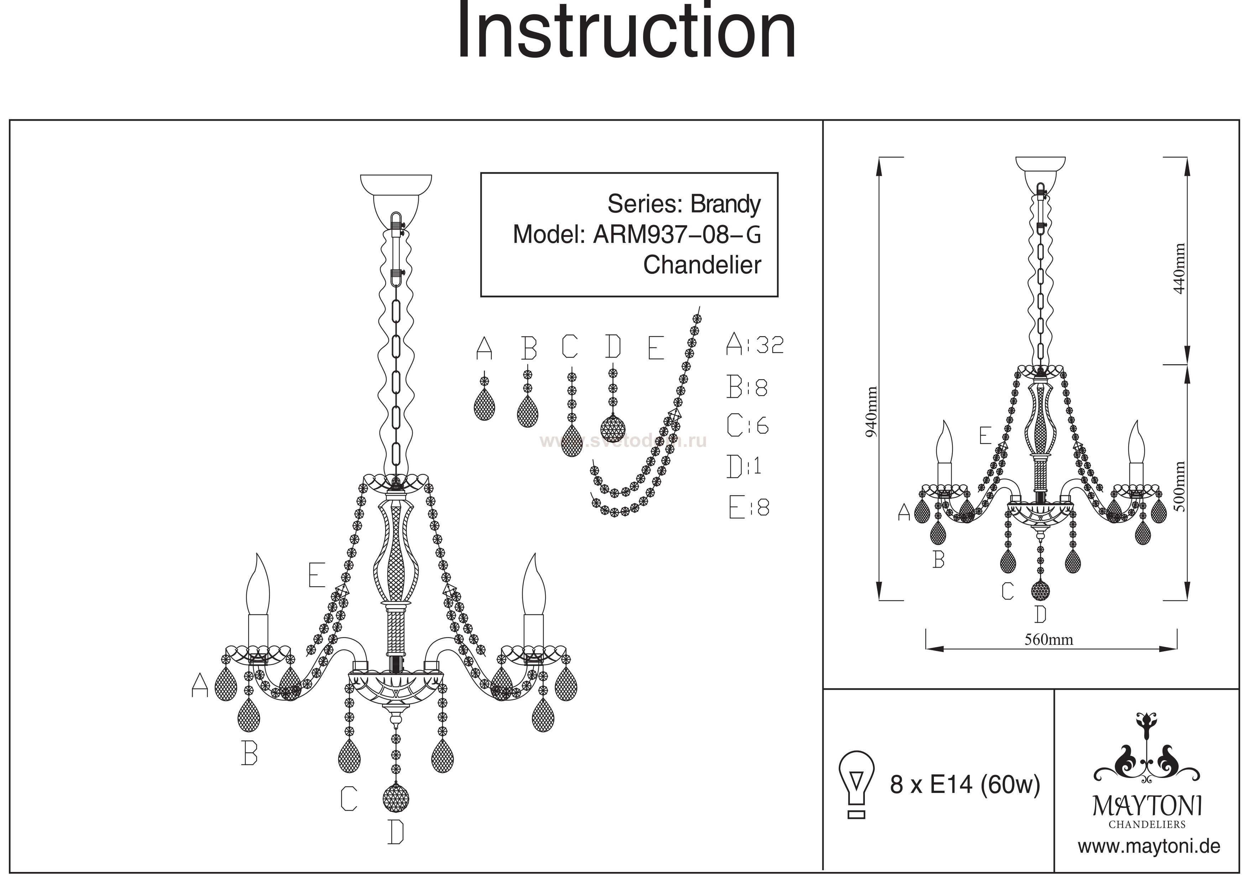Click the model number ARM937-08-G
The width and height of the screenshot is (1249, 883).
[677, 235]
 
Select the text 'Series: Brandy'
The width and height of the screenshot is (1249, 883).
[684, 205]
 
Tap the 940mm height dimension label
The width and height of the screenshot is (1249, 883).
[871, 412]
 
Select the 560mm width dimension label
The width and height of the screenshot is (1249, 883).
[1049, 640]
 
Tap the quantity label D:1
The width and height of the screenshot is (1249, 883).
[744, 467]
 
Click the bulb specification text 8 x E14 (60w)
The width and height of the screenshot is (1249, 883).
[965, 785]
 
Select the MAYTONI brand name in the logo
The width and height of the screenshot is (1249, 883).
[1147, 806]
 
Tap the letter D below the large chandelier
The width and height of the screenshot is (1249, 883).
[396, 832]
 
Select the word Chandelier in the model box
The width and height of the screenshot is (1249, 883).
[702, 266]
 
